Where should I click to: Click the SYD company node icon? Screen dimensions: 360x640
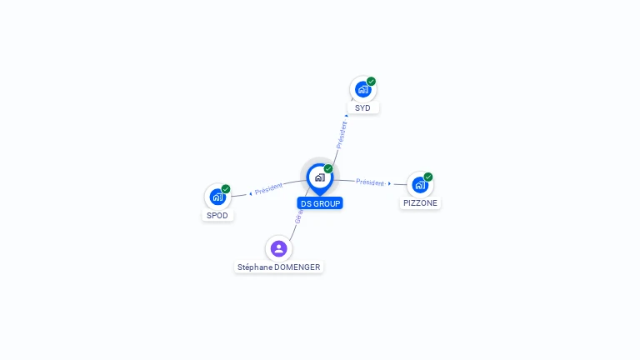tap(362, 89)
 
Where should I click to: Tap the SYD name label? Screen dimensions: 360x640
tap(362, 108)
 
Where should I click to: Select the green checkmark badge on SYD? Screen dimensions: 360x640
tap(371, 82)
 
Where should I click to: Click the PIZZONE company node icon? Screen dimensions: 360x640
tap(419, 184)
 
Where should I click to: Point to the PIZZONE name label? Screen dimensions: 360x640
tap(420, 203)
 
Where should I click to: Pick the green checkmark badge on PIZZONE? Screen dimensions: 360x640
tap(428, 177)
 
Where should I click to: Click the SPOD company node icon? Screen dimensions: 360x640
tap(217, 197)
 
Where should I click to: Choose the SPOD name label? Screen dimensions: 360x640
tap(217, 216)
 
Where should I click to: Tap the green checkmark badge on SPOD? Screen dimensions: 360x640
tap(226, 189)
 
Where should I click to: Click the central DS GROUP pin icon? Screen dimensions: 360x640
tap(319, 177)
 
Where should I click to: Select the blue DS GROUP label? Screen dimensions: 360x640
tap(320, 203)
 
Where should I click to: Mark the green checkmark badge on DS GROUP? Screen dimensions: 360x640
tap(328, 169)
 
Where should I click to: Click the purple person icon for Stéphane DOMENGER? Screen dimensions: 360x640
tap(278, 248)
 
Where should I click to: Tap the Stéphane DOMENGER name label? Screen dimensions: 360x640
tap(278, 267)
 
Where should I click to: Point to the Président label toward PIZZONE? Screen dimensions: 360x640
tap(370, 182)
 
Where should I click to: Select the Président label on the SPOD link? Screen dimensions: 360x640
tap(269, 189)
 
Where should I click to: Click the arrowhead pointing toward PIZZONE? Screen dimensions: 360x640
tap(390, 183)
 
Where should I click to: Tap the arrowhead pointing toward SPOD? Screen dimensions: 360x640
tap(250, 194)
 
